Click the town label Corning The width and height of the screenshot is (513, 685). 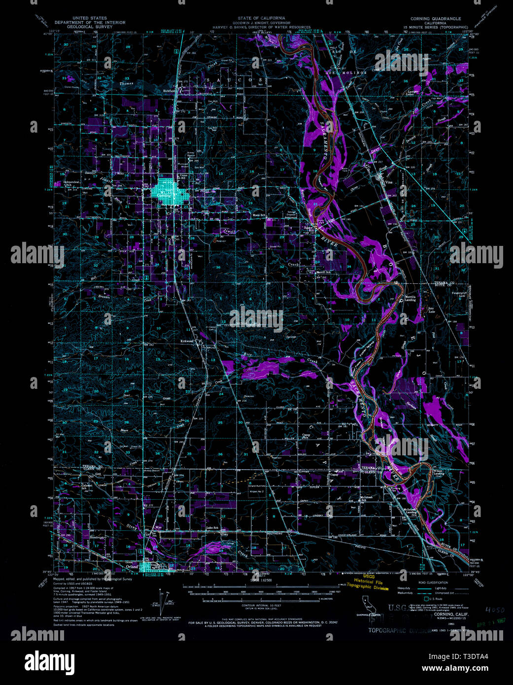(x=164, y=196)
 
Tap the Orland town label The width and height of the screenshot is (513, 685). (x=132, y=567)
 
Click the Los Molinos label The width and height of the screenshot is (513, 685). (x=345, y=72)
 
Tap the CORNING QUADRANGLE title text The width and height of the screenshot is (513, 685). (x=436, y=18)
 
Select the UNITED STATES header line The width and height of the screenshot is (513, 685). (x=90, y=18)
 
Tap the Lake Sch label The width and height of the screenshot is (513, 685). (x=212, y=528)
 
